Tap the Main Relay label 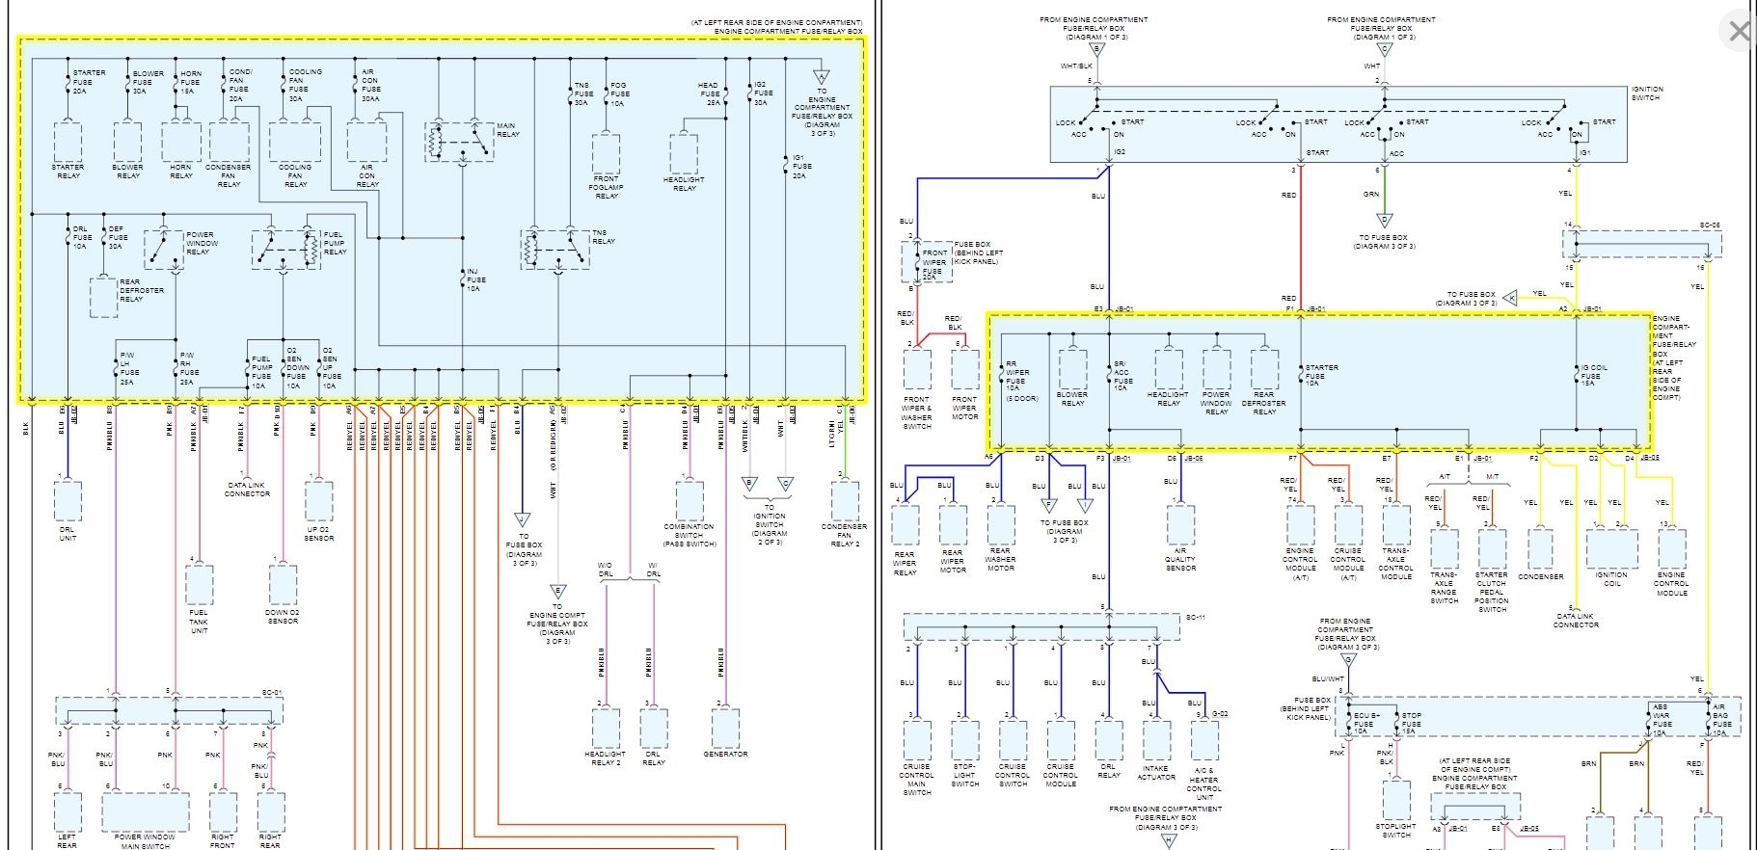tap(507, 130)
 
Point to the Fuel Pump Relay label tap(334, 243)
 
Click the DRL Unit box tap(68, 501)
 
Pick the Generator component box tap(725, 729)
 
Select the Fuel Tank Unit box tap(199, 585)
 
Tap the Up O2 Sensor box tap(319, 501)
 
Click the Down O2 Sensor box tap(283, 585)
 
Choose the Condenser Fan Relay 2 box tap(845, 501)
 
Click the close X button tap(1738, 32)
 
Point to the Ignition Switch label tap(1646, 93)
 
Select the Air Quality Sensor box tap(1180, 525)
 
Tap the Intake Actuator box tap(1156, 740)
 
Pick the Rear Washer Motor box tap(1001, 525)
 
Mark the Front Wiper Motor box tap(964, 369)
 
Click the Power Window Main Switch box tap(145, 812)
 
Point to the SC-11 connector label tap(1194, 617)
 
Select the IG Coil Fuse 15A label tap(1594, 375)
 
